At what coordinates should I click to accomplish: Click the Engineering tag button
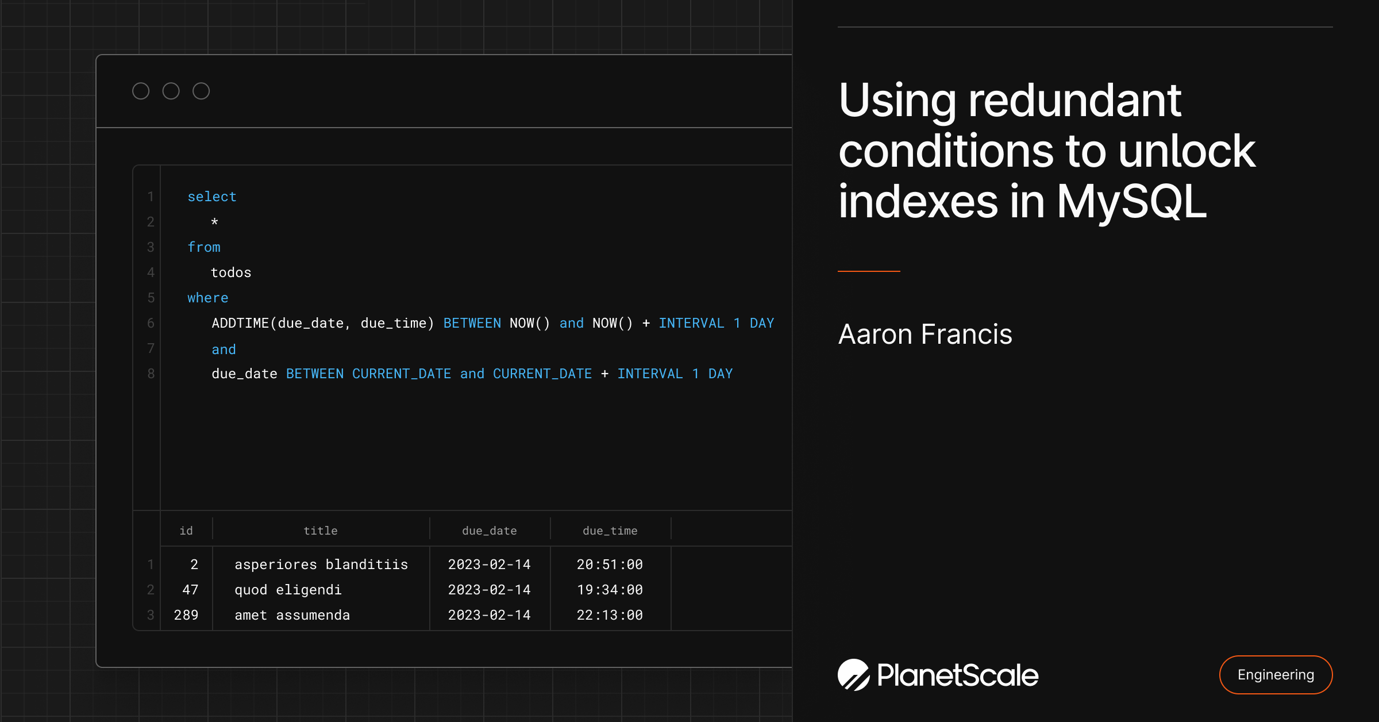(x=1276, y=675)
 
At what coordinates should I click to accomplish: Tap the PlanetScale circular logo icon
(x=853, y=675)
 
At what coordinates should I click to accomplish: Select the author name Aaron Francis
(x=925, y=335)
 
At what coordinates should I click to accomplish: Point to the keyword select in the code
(x=212, y=197)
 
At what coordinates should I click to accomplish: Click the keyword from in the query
(x=204, y=247)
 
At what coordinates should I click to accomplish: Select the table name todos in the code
(x=231, y=272)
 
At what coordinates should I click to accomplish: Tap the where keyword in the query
(x=207, y=298)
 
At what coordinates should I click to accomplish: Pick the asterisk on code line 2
(x=214, y=222)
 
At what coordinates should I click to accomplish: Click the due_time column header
(x=610, y=531)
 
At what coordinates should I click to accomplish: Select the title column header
(x=321, y=531)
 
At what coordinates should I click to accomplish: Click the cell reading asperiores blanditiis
(x=321, y=564)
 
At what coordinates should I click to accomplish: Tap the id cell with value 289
(x=186, y=615)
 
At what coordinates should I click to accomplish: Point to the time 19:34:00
(x=610, y=590)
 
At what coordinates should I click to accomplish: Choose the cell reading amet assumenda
(x=292, y=615)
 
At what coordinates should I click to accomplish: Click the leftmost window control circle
(x=141, y=91)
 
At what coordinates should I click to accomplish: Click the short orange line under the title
(x=869, y=271)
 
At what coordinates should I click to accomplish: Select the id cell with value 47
(x=190, y=590)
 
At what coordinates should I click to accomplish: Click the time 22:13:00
(x=610, y=615)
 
